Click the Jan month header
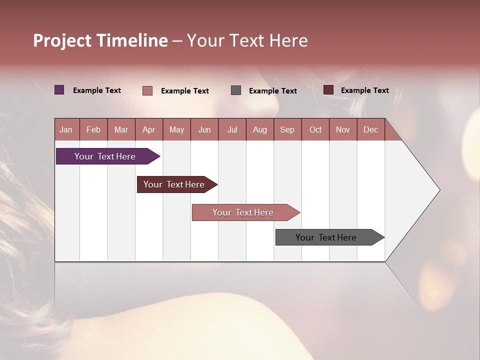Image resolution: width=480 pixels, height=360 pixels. [66, 129]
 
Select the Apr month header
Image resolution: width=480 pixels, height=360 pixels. [148, 129]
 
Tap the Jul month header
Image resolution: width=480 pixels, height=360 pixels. [232, 129]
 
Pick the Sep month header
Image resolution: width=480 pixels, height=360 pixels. [287, 129]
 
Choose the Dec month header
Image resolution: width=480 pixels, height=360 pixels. [370, 129]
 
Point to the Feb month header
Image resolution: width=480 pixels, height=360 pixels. [93, 129]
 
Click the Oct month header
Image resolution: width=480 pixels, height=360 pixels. [315, 129]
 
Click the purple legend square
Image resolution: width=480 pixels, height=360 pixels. [59, 90]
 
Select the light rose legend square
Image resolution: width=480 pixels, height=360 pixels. [147, 90]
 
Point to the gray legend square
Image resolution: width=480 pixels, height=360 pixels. [236, 90]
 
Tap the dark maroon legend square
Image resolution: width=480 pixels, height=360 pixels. [328, 90]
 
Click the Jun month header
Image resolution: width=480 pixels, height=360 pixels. [204, 129]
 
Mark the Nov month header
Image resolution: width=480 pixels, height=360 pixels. [343, 129]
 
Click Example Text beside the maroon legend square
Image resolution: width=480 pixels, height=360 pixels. [364, 90]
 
